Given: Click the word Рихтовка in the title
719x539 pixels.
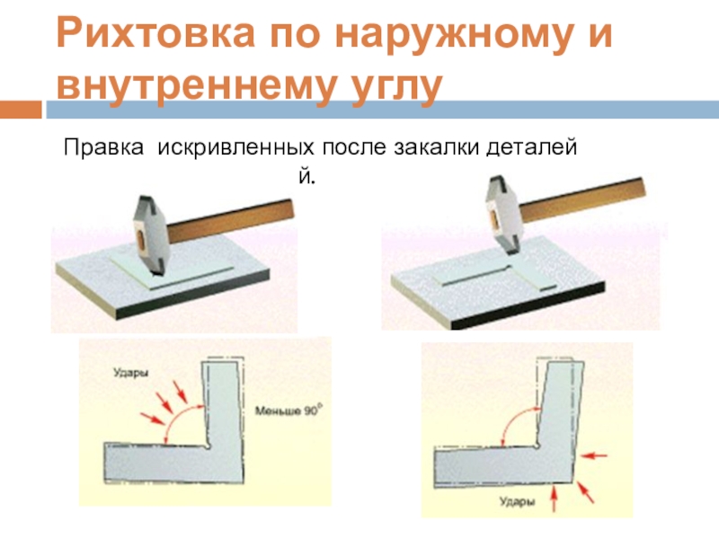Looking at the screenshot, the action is [155, 33].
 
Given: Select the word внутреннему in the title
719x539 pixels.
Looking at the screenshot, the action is [193, 87].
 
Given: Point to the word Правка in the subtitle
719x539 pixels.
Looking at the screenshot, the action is [103, 148].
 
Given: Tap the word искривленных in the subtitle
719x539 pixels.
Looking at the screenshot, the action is [236, 148].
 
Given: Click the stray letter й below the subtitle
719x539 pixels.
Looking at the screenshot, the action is [307, 175].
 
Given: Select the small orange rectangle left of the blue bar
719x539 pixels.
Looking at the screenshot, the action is [21, 110].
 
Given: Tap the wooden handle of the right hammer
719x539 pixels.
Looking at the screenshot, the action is [582, 198].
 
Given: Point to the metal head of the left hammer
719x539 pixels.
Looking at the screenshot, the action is [147, 234].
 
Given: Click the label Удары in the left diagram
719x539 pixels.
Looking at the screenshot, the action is [131, 373].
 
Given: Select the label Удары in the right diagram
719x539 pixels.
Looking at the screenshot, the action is [518, 501].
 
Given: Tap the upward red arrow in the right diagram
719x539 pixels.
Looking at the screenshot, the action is [554, 499].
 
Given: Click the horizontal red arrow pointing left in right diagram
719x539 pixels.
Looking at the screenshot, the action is [593, 455].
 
